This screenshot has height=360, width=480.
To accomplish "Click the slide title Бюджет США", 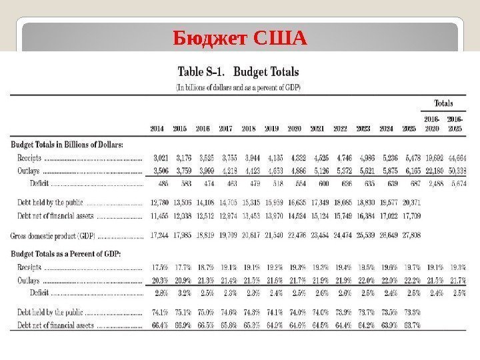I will click(x=240, y=39).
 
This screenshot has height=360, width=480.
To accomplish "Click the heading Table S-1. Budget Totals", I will click(x=237, y=71).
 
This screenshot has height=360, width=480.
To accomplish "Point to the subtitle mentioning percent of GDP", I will click(x=237, y=87).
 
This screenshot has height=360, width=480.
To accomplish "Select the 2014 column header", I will click(x=157, y=127).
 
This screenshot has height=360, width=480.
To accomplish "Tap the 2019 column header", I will click(x=271, y=127).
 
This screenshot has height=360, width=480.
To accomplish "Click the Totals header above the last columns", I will click(x=443, y=103).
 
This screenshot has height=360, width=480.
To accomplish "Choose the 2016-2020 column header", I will click(x=432, y=124).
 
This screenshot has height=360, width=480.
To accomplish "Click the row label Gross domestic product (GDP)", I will click(x=53, y=235).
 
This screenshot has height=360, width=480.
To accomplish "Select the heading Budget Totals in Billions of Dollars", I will click(x=67, y=143).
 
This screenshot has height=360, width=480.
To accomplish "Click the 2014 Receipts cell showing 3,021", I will click(x=157, y=158).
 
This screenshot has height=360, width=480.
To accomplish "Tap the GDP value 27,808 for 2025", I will click(x=411, y=235).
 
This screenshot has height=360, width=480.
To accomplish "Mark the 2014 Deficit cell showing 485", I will click(x=159, y=183).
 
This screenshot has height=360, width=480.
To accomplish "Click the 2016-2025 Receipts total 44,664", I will click(x=455, y=158).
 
